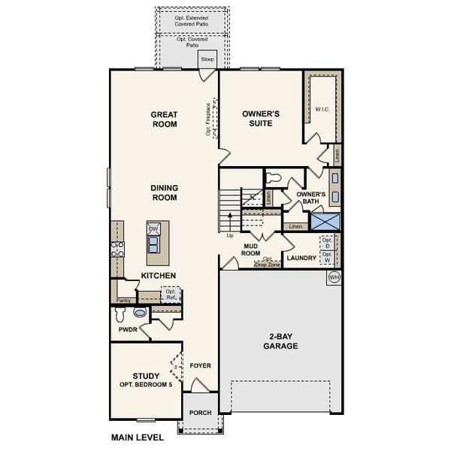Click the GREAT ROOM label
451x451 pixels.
[164, 119]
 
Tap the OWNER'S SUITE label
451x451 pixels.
[261, 118]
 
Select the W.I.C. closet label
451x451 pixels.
[323, 109]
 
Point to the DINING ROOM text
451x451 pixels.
[164, 192]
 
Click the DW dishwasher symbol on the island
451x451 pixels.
[153, 229]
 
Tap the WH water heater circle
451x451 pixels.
[334, 278]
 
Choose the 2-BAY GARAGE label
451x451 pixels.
[280, 341]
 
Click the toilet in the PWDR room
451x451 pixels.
[140, 312]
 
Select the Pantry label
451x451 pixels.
[123, 301]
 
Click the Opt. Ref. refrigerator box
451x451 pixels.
[170, 295]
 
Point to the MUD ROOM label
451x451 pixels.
[250, 249]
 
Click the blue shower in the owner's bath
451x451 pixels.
[325, 222]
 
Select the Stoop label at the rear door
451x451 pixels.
[207, 59]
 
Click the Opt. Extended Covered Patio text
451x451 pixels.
[192, 20]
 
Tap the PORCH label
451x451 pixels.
[200, 413]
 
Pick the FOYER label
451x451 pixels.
[200, 366]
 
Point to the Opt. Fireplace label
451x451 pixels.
[208, 120]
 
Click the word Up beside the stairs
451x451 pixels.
[230, 235]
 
